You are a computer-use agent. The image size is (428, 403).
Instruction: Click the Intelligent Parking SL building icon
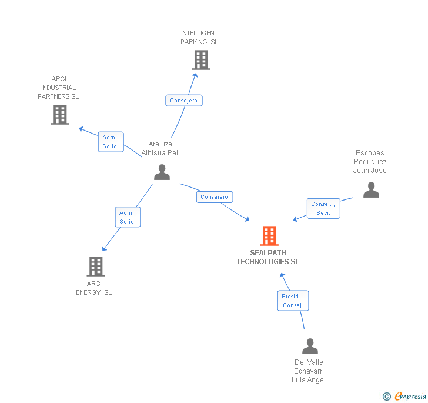[200, 60]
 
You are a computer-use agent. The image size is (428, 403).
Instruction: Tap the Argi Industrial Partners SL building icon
[60, 115]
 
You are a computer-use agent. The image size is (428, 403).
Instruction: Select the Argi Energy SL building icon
[95, 267]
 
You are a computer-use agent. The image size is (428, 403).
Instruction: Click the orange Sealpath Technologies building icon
[269, 236]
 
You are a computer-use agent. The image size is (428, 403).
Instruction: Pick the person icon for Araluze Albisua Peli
[162, 172]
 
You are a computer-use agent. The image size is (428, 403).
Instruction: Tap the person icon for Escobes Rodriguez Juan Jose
[371, 190]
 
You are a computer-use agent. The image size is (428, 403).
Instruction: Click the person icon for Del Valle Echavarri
[310, 347]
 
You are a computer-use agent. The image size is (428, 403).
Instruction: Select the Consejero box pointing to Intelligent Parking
[184, 101]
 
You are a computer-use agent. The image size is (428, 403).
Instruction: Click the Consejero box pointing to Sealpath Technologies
[215, 197]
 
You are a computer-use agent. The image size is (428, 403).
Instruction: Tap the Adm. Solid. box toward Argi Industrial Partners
[111, 142]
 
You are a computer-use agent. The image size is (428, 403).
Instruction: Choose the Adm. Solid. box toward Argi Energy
[128, 217]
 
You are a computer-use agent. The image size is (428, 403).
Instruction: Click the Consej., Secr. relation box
[323, 208]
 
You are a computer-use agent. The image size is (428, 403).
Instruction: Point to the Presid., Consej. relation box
[293, 301]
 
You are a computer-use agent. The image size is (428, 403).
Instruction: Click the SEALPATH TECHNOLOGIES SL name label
[268, 257]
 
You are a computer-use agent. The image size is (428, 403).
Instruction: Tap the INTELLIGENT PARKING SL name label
[199, 38]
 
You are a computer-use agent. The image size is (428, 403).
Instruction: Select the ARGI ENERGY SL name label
[94, 288]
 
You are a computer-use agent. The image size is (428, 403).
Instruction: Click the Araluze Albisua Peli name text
[160, 148]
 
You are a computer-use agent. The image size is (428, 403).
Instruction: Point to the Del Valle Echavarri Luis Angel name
[309, 371]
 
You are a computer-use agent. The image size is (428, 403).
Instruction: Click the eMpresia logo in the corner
[410, 396]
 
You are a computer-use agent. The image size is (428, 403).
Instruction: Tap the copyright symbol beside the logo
[387, 397]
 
